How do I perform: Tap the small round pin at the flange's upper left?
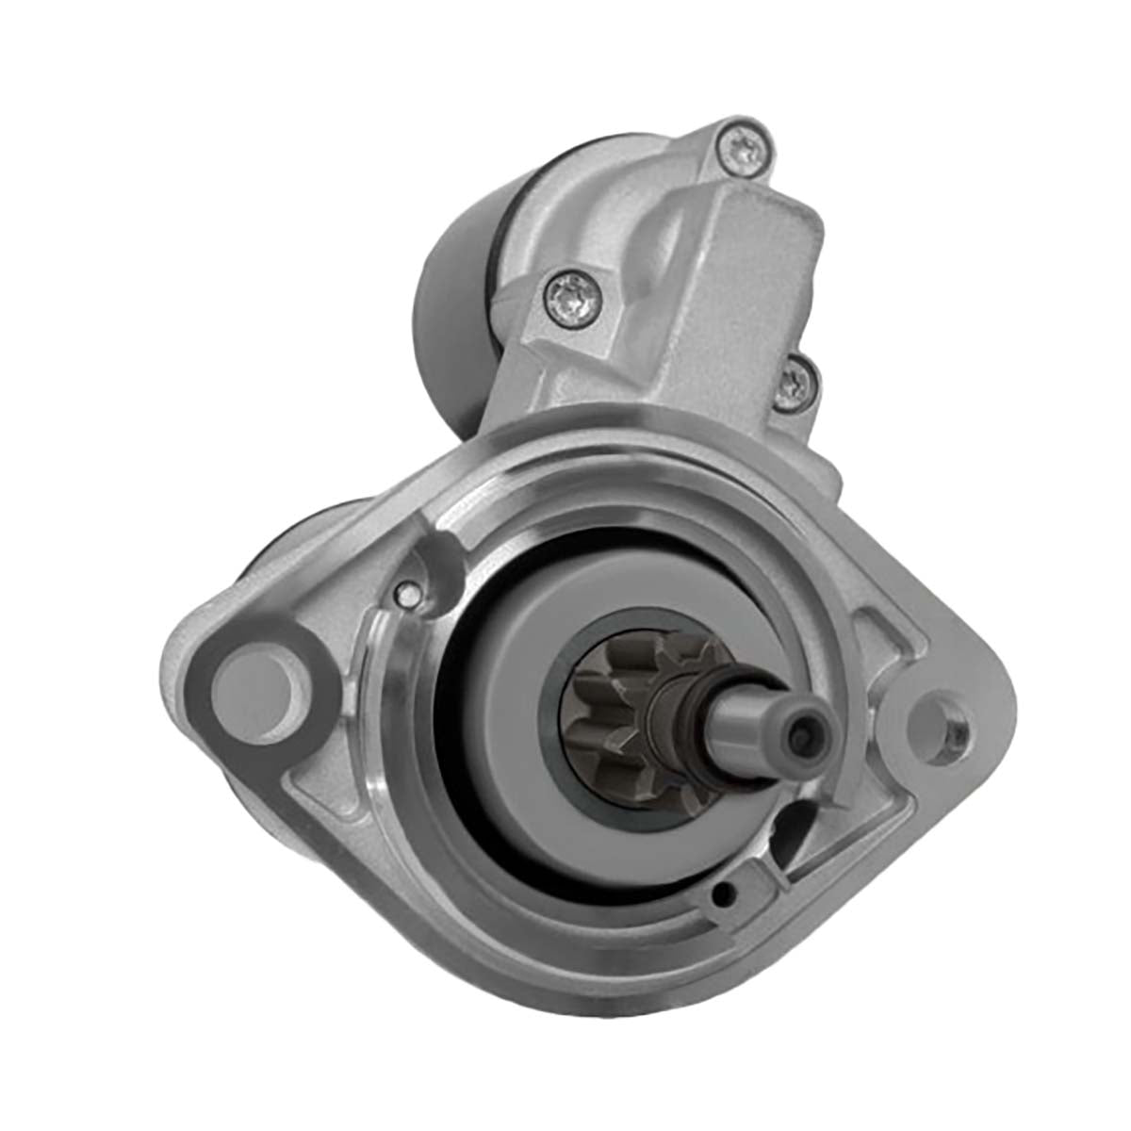[405, 595]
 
